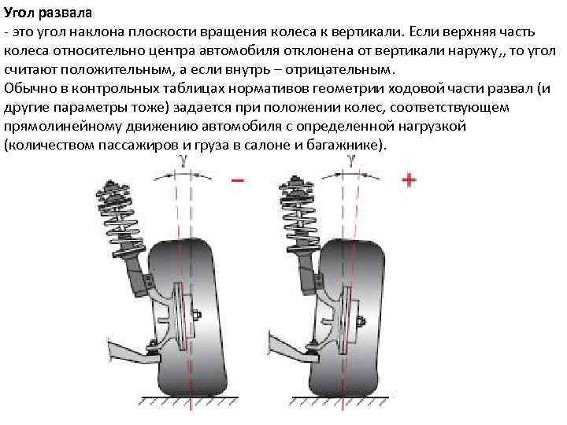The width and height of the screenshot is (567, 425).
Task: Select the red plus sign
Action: pos(409,180)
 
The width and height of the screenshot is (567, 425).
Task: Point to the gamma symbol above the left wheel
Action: pos(183,160)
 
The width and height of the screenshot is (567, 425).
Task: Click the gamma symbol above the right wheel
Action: pos(350,159)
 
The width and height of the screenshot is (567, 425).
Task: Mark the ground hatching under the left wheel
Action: pos(177,401)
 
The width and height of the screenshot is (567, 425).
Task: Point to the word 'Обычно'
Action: pos(27,87)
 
